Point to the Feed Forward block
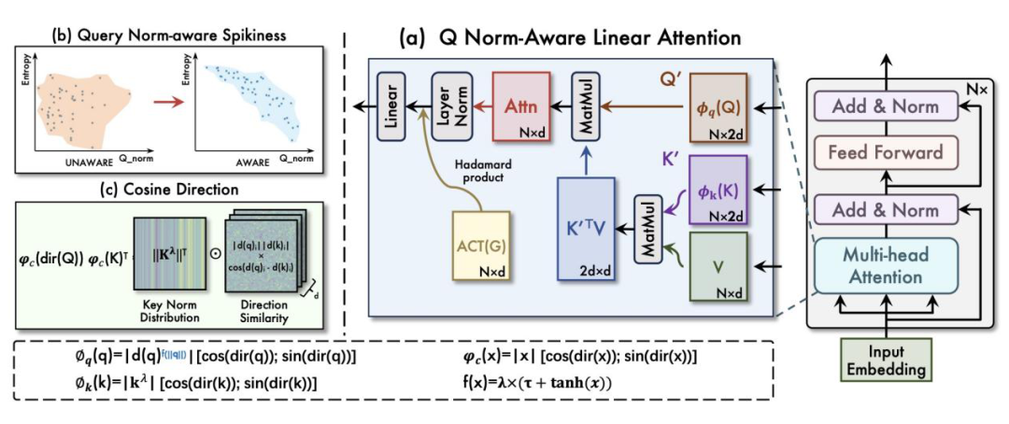coord(885,152)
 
